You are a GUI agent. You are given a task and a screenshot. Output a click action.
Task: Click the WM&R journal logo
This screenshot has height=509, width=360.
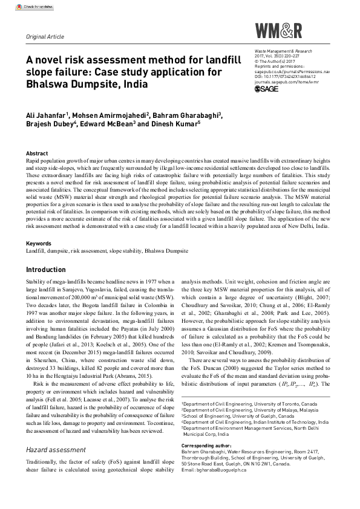[x=278, y=31]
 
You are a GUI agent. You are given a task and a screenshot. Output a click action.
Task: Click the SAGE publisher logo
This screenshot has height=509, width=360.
[x=268, y=89]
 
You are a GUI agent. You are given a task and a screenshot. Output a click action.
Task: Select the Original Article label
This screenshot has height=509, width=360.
[x=44, y=36]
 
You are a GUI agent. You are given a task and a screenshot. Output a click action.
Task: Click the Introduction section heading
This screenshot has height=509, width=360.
[x=46, y=270]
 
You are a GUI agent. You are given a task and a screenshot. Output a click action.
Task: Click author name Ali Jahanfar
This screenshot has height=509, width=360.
[x=45, y=116]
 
